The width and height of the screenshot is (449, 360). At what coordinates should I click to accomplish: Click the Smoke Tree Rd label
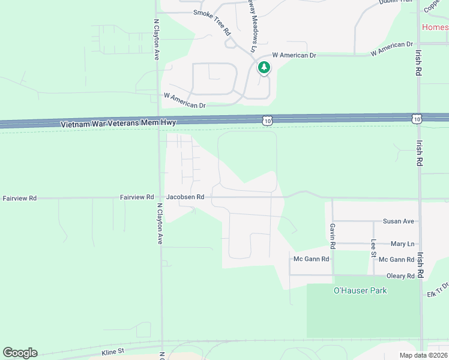coord(212,21)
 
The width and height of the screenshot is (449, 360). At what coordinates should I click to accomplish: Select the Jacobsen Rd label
coord(185,196)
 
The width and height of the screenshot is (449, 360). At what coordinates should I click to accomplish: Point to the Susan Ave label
coord(400,221)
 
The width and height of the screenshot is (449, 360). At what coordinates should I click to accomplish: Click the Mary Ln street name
coord(402,244)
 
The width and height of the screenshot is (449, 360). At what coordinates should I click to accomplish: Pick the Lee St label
coord(373,248)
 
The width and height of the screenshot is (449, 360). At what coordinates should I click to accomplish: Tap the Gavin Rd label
coord(332,236)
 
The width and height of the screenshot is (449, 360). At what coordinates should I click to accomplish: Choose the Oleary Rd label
coord(402,276)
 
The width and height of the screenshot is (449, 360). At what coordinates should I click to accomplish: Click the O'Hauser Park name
coord(360,290)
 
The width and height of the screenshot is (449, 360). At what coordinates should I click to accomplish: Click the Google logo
coord(20,353)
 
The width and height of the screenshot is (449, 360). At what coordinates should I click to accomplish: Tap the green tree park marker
coord(264,67)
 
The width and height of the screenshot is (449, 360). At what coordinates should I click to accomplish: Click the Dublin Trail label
coord(396,2)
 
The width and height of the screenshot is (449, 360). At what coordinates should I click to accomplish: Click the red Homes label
coord(435,27)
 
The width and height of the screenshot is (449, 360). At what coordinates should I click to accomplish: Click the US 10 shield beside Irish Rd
coord(417,119)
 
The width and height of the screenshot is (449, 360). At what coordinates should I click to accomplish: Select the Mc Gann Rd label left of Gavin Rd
coord(311,259)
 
